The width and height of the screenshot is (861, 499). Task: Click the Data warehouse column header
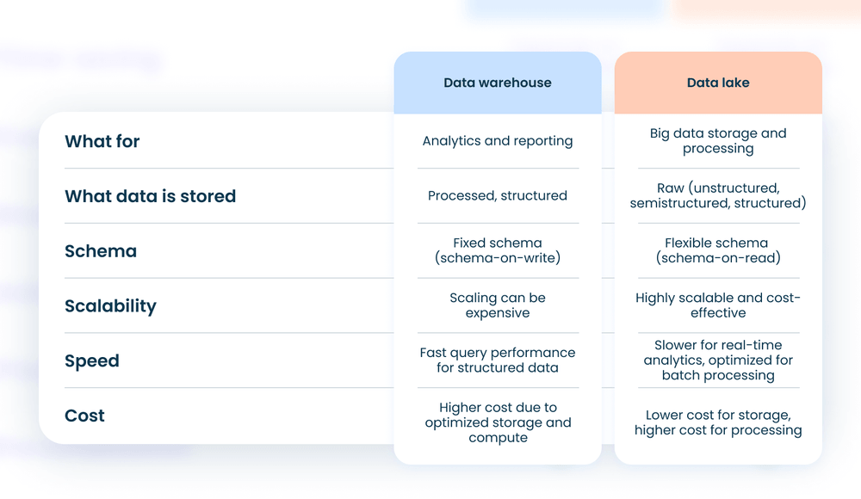498,83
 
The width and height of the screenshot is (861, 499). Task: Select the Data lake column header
718,83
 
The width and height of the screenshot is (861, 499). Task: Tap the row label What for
102,141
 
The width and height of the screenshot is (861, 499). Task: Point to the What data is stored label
150,196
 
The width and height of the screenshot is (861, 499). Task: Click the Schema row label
101,251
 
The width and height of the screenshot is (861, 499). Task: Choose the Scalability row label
110,306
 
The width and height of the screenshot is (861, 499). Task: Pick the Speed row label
92,361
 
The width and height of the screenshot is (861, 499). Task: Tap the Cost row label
84,416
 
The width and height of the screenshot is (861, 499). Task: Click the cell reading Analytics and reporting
498,141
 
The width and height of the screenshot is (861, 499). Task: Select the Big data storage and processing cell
718,141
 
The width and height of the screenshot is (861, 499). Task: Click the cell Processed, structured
498,196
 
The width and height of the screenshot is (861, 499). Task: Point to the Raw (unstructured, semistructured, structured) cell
718,196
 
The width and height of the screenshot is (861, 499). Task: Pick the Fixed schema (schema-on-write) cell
498,250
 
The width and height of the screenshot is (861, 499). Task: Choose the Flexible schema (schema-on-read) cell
718,250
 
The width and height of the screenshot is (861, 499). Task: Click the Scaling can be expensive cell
498,305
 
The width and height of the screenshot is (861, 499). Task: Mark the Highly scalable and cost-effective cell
718,305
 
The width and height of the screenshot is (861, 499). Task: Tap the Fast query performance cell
498,360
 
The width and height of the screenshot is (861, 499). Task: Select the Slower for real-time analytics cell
718,360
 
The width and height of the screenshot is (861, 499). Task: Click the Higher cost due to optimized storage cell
498,422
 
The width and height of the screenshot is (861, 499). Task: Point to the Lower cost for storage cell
718,422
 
